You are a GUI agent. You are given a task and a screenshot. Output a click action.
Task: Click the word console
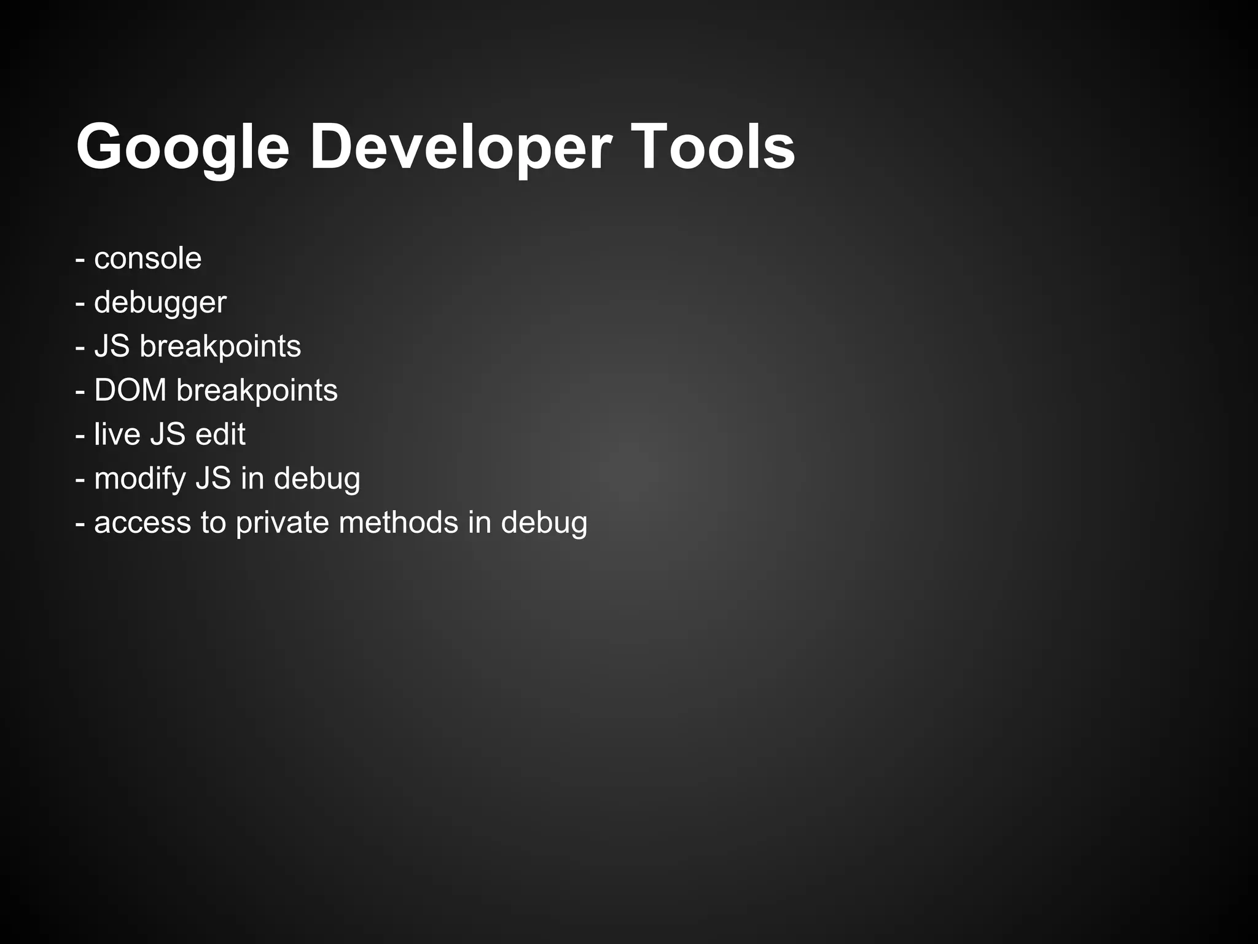click(147, 259)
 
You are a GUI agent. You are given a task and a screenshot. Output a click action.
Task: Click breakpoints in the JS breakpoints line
click(220, 347)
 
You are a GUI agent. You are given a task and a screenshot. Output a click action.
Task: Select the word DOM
click(130, 390)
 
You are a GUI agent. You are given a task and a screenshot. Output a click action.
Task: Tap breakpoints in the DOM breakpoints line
click(257, 391)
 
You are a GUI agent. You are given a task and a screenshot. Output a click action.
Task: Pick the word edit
click(220, 434)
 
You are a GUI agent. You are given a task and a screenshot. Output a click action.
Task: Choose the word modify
click(141, 479)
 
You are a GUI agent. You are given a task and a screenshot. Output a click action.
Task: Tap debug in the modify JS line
click(317, 479)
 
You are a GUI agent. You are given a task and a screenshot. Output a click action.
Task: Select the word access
click(143, 523)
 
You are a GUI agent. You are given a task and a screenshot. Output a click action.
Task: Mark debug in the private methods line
click(544, 524)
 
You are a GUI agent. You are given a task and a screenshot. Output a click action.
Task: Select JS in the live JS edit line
click(168, 434)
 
